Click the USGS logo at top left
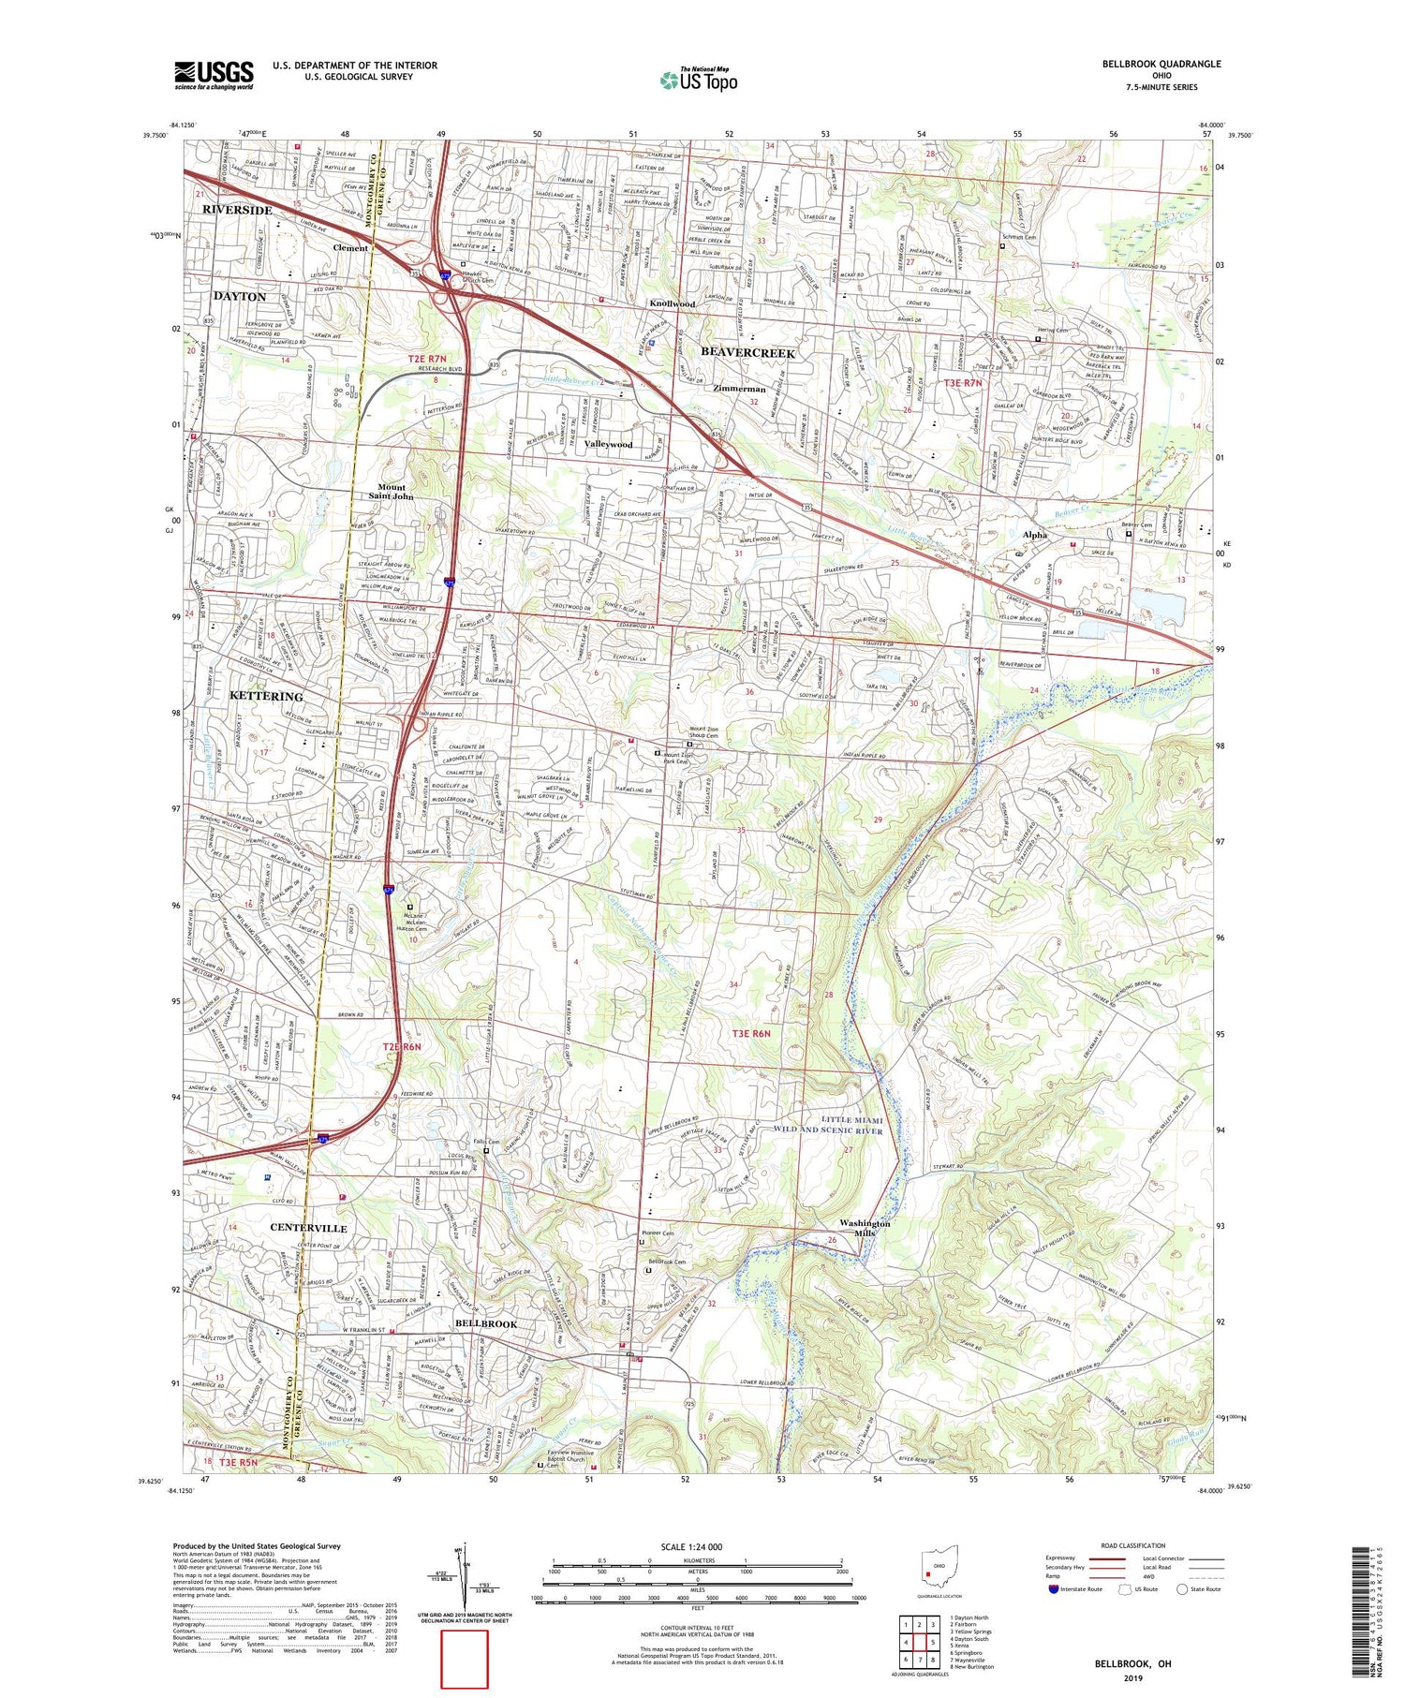click(214, 74)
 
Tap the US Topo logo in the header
click(698, 80)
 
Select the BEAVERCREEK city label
click(747, 353)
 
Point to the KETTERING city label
click(266, 696)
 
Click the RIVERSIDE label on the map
click(237, 210)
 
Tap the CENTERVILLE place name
click(308, 1227)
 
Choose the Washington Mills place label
click(865, 1228)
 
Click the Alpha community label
click(1034, 535)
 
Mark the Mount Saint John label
click(392, 492)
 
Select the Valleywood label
click(608, 444)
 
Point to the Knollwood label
click(673, 304)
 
